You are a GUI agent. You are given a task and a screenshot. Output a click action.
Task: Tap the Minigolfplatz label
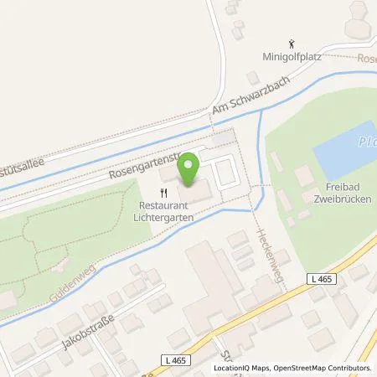(x=291, y=58)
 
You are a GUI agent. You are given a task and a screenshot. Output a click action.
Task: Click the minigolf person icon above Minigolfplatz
(x=291, y=42)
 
